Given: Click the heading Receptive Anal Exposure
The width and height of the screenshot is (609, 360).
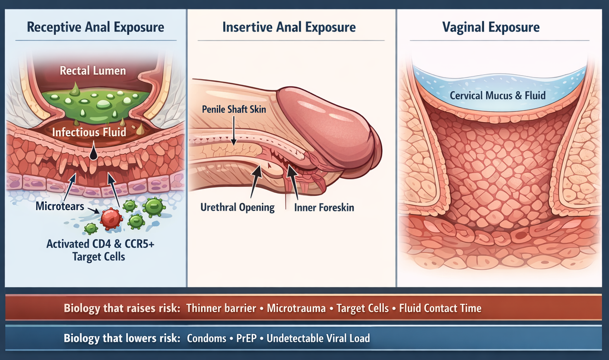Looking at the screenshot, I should (x=95, y=27).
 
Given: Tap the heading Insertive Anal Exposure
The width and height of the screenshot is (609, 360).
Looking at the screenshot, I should (x=289, y=27).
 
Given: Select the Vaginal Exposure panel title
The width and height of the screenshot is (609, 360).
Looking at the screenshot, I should (x=491, y=27).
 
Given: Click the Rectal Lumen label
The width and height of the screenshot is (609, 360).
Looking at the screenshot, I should (x=93, y=71).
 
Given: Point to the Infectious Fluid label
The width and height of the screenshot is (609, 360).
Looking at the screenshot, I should (x=89, y=132).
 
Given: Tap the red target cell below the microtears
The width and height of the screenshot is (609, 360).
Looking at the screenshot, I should (x=111, y=219).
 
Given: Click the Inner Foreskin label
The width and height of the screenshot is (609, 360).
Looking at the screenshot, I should (x=324, y=207).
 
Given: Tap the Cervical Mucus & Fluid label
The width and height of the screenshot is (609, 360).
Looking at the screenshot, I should (x=498, y=96).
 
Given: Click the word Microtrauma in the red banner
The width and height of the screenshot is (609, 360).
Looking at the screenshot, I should (x=296, y=308).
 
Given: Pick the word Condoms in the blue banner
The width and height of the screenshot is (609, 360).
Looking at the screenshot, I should (x=206, y=339).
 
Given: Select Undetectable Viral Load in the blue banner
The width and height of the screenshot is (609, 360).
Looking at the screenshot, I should (x=318, y=339).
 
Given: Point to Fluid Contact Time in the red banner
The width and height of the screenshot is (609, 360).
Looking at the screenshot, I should (x=441, y=308).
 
